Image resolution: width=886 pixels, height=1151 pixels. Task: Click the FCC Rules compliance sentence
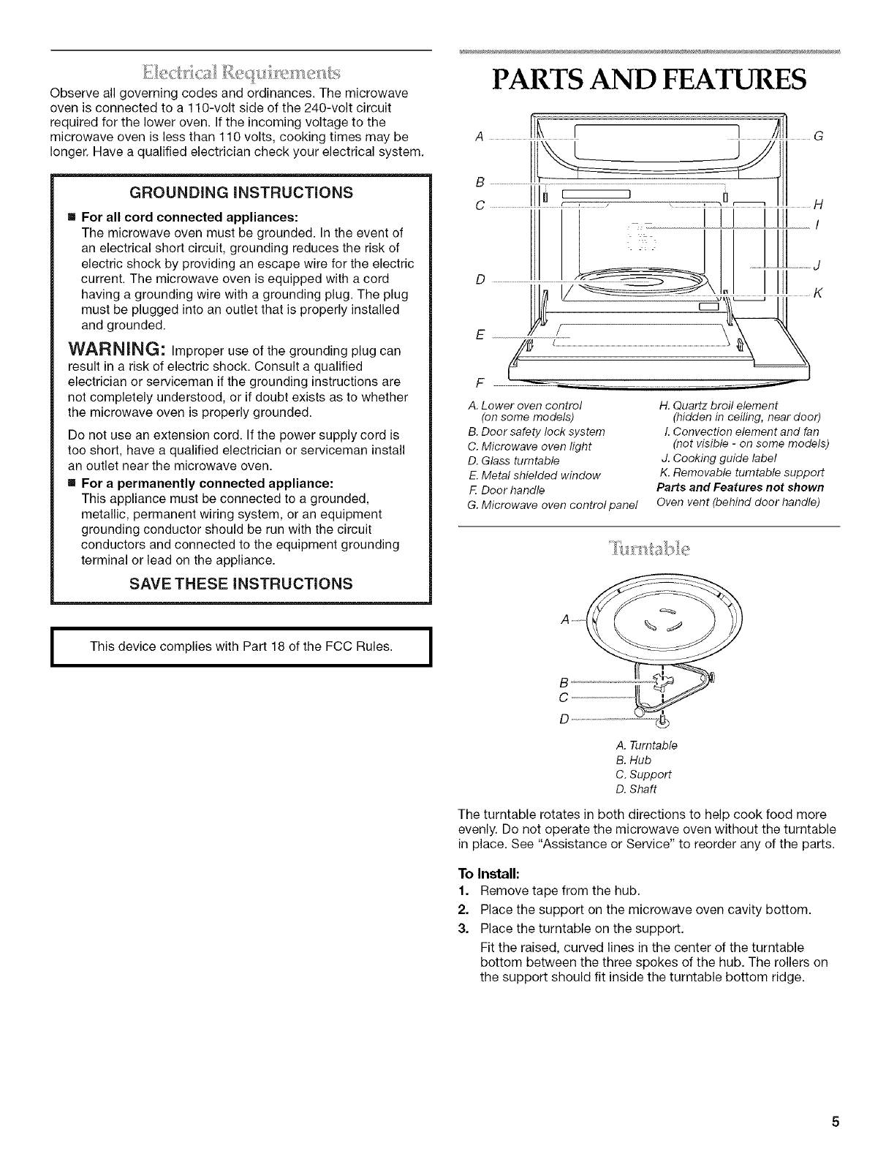[241, 646]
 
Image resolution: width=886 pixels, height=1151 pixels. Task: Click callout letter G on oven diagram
[819, 135]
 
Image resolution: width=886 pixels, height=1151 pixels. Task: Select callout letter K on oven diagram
[819, 293]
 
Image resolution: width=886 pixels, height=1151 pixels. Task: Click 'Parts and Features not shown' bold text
[740, 487]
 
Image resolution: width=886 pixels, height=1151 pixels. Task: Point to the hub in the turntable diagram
[650, 683]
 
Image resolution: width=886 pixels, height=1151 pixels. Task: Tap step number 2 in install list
[461, 909]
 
